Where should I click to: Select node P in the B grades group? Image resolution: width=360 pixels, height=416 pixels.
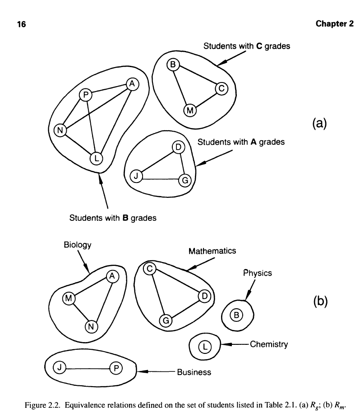click(x=85, y=95)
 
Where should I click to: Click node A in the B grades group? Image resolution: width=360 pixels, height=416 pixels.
click(x=132, y=83)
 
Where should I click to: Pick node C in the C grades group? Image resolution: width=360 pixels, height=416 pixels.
click(x=222, y=88)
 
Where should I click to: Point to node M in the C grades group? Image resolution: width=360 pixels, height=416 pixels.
click(x=190, y=110)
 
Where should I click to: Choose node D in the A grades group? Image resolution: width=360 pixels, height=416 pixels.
click(x=179, y=147)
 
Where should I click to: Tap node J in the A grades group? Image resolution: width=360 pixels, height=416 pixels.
click(x=135, y=176)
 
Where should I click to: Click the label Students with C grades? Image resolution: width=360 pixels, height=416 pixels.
click(x=247, y=46)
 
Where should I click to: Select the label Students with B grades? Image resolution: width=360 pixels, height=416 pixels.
click(x=113, y=218)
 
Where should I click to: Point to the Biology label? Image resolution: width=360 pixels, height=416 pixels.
click(x=78, y=245)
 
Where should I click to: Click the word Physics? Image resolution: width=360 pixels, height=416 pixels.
click(x=258, y=273)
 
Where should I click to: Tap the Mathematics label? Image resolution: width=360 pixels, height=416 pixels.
click(x=212, y=251)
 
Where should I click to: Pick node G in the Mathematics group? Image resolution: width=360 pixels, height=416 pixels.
click(x=166, y=320)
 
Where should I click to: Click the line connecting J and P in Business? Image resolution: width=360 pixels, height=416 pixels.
click(x=88, y=368)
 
